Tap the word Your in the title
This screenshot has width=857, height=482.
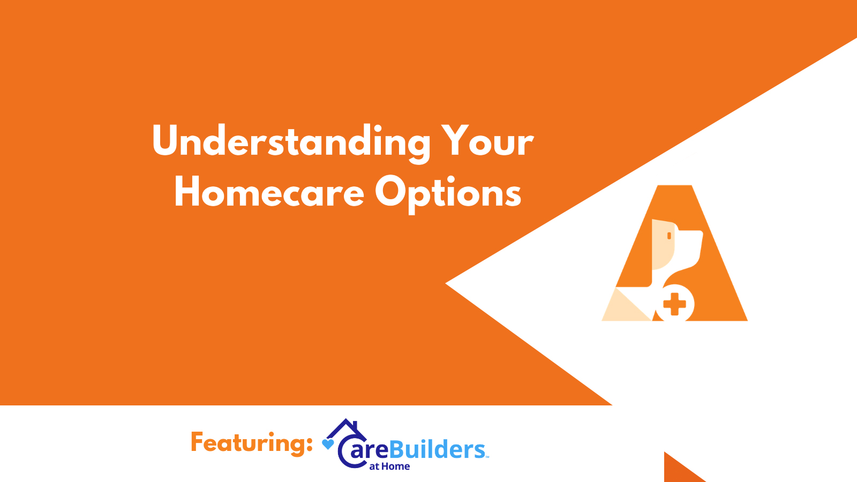[x=487, y=141]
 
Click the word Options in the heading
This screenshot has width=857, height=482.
[x=448, y=193]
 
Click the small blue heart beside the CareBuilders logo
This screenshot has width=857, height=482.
[x=328, y=443]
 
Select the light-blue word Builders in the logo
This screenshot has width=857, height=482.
[x=437, y=450]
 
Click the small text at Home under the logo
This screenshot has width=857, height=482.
[x=389, y=466]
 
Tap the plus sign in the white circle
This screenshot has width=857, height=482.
[x=674, y=304]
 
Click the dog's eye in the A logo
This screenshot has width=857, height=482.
[x=669, y=236]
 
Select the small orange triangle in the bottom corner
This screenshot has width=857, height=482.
[x=678, y=470]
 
